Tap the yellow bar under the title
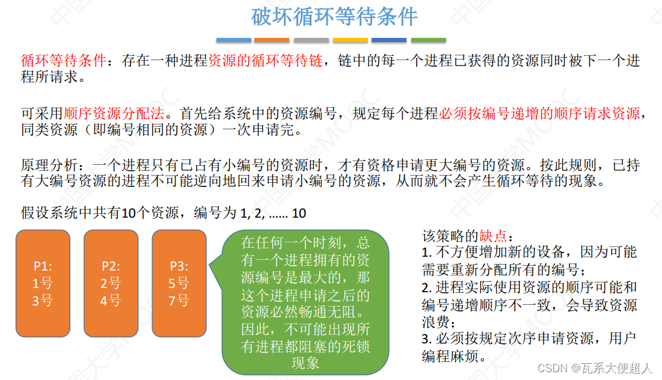coord(350,40)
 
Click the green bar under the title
coord(428,40)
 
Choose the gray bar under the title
coord(311,40)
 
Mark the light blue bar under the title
coord(233,40)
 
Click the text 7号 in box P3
coord(179,300)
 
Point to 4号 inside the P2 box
coord(111,300)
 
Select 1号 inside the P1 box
coord(42,283)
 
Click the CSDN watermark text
coord(594,368)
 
